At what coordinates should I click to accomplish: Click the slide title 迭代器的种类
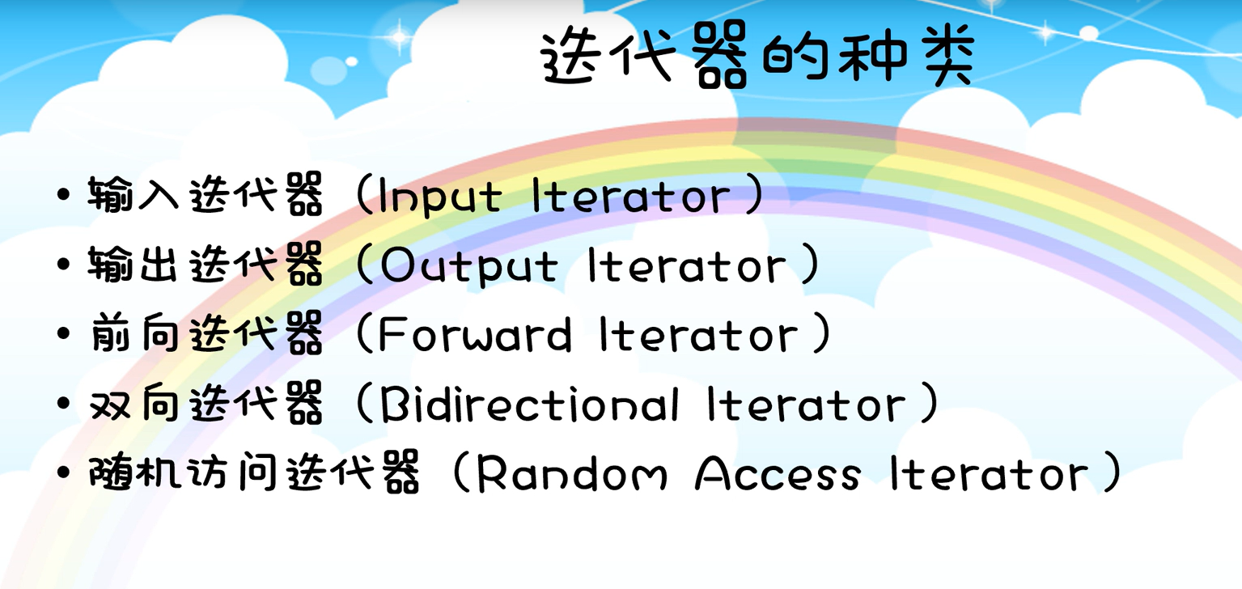tap(757, 58)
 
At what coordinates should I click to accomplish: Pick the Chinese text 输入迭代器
tap(206, 197)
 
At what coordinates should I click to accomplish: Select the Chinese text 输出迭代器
tap(206, 266)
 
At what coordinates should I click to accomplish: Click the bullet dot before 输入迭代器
tap(64, 197)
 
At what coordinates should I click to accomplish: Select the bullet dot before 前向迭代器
tap(64, 334)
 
